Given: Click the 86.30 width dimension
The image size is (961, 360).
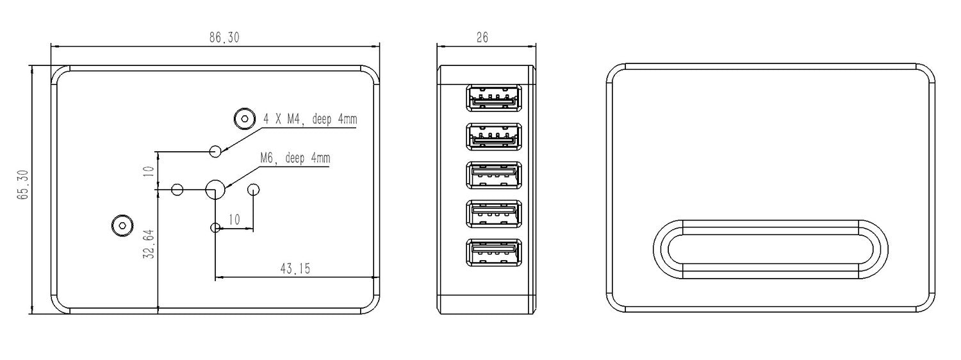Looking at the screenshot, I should [x=224, y=38].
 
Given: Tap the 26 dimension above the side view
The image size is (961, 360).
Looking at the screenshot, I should [x=482, y=38].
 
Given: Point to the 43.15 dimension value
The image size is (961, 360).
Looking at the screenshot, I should [x=295, y=269].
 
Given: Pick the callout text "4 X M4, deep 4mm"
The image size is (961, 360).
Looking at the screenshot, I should [x=310, y=119].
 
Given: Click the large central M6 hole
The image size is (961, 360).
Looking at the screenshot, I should [x=215, y=189].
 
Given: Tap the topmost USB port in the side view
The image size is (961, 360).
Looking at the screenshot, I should [x=494, y=99].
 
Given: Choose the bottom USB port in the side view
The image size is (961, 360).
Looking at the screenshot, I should [x=494, y=253].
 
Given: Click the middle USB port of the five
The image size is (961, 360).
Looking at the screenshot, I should [x=494, y=175].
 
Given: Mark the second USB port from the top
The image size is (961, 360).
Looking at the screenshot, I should [x=494, y=136].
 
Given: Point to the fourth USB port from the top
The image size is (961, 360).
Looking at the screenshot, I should [x=494, y=215].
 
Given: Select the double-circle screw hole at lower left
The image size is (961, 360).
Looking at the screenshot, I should [x=121, y=225].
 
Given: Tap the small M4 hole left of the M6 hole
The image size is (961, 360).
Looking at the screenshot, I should [x=178, y=190].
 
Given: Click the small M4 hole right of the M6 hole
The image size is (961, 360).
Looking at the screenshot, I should [x=254, y=190].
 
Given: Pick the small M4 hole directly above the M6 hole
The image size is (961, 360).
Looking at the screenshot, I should [x=216, y=151].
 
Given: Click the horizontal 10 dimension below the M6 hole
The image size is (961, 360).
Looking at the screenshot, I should [x=234, y=220].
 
